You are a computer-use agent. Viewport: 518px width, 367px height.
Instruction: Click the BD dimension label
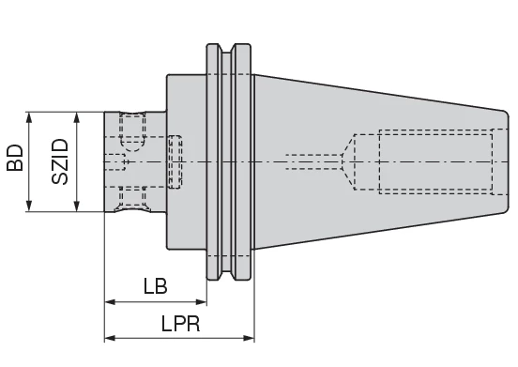15,161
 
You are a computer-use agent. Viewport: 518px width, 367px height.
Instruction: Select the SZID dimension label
59,161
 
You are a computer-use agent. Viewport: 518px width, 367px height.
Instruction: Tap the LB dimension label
156,286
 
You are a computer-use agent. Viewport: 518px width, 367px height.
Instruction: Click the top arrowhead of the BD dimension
31,117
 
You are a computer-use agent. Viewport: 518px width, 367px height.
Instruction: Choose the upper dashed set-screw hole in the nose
132,130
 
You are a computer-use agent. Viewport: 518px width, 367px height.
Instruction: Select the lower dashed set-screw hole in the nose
132,196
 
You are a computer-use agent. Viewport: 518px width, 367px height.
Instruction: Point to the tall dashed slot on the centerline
175,161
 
